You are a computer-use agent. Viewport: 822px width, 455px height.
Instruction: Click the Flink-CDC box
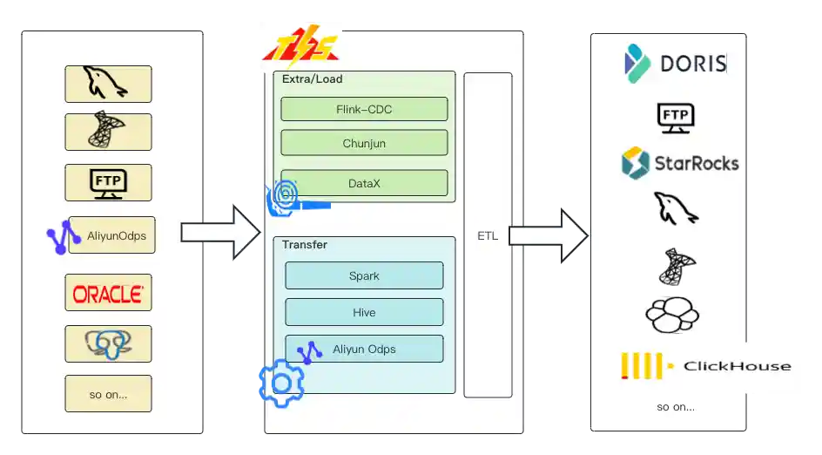pyautogui.click(x=364, y=109)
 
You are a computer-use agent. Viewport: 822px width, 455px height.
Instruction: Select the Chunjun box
pyautogui.click(x=364, y=143)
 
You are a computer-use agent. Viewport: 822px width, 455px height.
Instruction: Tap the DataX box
pyautogui.click(x=364, y=182)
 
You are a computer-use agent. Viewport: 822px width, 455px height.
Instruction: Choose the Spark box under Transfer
pyautogui.click(x=364, y=275)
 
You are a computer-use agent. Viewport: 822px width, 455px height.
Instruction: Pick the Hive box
pyautogui.click(x=364, y=312)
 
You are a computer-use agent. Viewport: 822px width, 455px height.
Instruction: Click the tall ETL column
pyautogui.click(x=488, y=235)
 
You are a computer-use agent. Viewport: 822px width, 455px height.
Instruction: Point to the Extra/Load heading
pyautogui.click(x=313, y=79)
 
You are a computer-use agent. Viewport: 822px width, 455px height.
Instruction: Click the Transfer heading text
pyautogui.click(x=305, y=245)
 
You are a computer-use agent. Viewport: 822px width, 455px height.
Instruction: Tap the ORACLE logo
pyautogui.click(x=108, y=293)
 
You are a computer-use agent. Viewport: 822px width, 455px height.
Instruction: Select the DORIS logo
pyautogui.click(x=676, y=63)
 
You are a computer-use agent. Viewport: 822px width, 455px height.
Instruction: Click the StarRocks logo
pyautogui.click(x=679, y=162)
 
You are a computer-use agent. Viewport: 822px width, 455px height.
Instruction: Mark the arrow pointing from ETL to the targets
pyautogui.click(x=547, y=235)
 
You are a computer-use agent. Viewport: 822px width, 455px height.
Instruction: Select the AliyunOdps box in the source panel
pyautogui.click(x=111, y=235)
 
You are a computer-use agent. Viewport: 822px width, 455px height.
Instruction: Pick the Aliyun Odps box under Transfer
pyautogui.click(x=364, y=350)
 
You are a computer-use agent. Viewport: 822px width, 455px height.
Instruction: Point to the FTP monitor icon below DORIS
pyautogui.click(x=675, y=117)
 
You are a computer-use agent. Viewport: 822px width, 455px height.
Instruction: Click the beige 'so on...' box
pyautogui.click(x=108, y=394)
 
